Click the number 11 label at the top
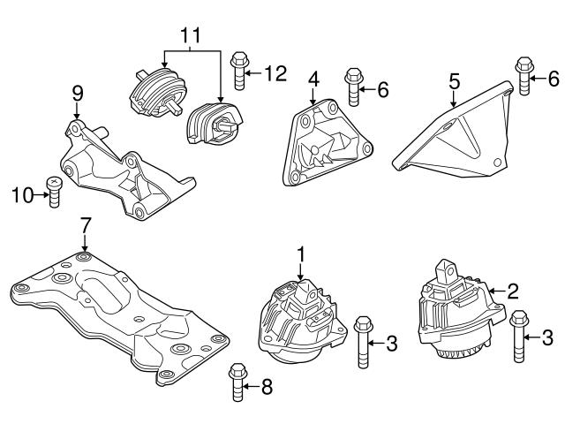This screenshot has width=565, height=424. point(192,35)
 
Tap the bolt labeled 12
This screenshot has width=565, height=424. point(237,72)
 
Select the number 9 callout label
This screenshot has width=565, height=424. point(77,92)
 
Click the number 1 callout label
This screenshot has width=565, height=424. point(301,254)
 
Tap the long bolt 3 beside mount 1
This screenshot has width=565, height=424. point(363,344)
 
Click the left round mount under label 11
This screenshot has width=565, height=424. point(155,88)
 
